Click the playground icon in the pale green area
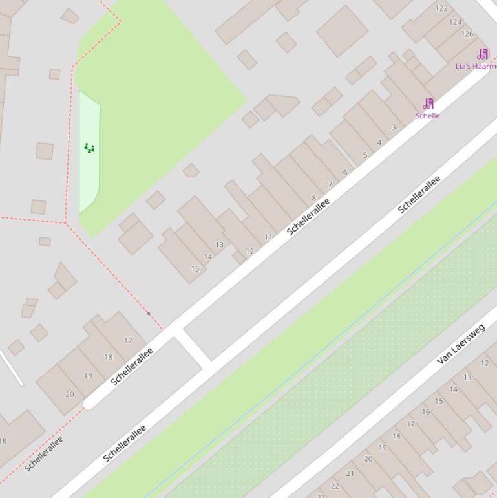pos(89,148)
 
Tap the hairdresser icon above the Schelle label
pos(428,103)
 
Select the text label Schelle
pos(428,116)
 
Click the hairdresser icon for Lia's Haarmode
pos(483,54)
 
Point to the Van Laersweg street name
pos(461,344)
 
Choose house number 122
pos(441,8)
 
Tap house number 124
pos(456,22)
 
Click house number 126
pos(467,34)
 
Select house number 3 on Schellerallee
pos(394,127)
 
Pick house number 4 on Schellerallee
pos(379,142)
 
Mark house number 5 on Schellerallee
pos(365,155)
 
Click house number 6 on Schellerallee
pos(345,172)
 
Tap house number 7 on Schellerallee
pos(330,184)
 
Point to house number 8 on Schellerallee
pos(314,199)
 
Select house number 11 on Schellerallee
pos(268,237)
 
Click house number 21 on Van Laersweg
pos(350,473)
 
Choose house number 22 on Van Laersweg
pos(335,486)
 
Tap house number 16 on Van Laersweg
pos(425,412)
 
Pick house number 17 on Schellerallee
pos(128,340)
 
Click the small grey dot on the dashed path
pos(149,314)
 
